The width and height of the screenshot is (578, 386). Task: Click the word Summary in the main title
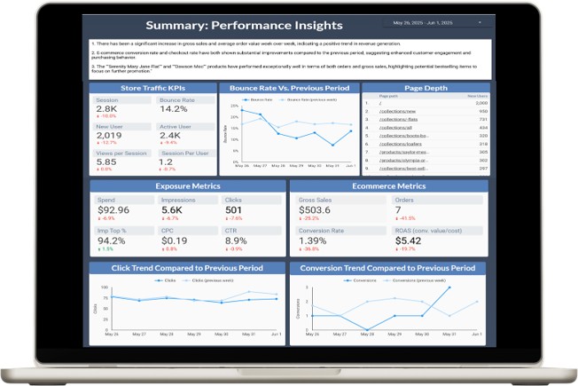[177, 26]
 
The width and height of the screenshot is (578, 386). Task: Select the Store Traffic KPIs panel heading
[153, 89]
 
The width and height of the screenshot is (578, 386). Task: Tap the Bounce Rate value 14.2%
[174, 109]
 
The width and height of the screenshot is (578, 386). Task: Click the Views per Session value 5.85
[106, 161]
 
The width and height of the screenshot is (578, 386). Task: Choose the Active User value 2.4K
[170, 135]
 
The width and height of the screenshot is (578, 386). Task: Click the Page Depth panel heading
[426, 89]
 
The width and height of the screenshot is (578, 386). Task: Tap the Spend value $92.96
[113, 210]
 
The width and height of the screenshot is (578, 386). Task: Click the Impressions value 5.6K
[172, 210]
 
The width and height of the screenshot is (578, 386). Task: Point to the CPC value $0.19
[175, 240]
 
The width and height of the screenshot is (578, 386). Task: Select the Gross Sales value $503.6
[319, 210]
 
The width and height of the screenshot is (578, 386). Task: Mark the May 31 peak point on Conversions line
[449, 288]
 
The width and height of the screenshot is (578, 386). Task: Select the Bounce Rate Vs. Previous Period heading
[289, 89]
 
